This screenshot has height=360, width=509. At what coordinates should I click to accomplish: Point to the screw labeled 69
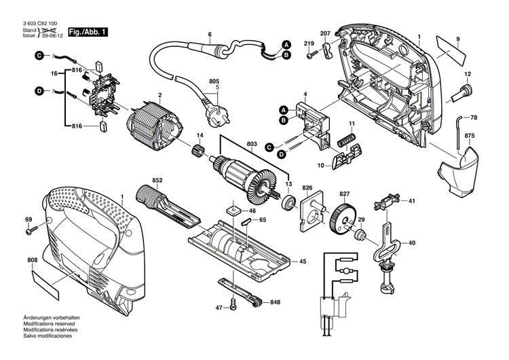coord(31,232)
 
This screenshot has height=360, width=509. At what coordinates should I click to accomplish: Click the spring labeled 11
coord(347,141)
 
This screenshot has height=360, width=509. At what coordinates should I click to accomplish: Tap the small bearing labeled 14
coord(200,149)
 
